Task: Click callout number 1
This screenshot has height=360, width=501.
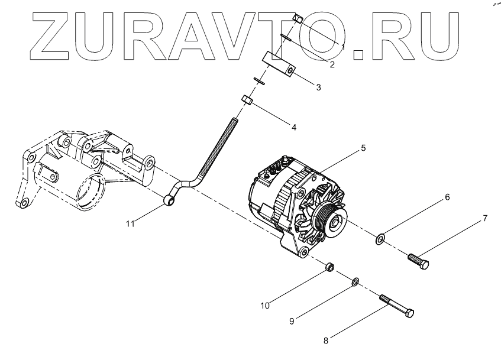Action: click(x=344, y=45)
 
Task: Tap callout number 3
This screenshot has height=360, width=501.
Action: click(x=318, y=87)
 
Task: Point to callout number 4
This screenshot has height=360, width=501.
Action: click(x=293, y=127)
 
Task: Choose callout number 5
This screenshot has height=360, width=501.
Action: click(x=363, y=149)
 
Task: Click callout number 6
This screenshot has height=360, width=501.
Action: click(x=447, y=197)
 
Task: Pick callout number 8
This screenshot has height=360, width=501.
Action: click(x=325, y=340)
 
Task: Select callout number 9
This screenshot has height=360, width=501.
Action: click(x=292, y=321)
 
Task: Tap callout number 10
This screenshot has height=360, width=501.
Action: click(x=265, y=306)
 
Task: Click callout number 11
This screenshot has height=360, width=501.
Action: click(x=130, y=223)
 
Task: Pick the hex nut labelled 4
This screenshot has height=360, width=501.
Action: click(x=248, y=102)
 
